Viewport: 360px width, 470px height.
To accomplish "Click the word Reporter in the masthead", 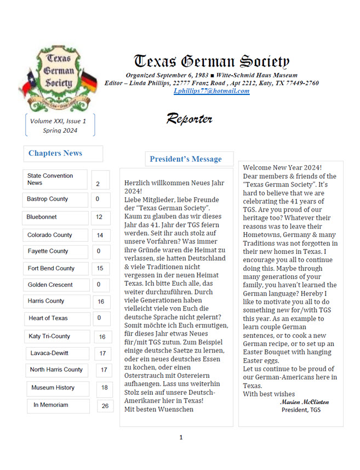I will pos(189,118).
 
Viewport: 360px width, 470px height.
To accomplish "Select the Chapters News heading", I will pos(55,154).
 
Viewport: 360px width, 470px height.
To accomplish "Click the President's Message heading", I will pos(186,160).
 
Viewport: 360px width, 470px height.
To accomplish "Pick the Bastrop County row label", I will pos(48,199).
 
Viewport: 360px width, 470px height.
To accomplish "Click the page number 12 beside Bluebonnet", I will pos(99,217).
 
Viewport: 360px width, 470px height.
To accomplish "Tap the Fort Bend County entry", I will pos(51,268).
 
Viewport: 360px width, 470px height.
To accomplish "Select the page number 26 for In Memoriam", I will pos(104,406).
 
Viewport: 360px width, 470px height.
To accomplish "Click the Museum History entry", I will pos(53,388).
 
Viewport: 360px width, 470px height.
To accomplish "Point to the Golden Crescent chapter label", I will pos(50,285).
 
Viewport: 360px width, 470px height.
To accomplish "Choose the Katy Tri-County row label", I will pos(49,336).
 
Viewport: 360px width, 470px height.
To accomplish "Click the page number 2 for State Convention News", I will pos(98,184).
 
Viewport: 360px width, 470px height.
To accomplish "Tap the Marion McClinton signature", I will pos(304,402).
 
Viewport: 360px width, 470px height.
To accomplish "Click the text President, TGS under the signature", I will pos(301,410).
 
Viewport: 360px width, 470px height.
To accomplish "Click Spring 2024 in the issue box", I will pos(60,131).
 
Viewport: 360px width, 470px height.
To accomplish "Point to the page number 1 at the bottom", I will pos(181,437).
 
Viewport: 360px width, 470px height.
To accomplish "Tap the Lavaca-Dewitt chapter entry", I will pos(49,353).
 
